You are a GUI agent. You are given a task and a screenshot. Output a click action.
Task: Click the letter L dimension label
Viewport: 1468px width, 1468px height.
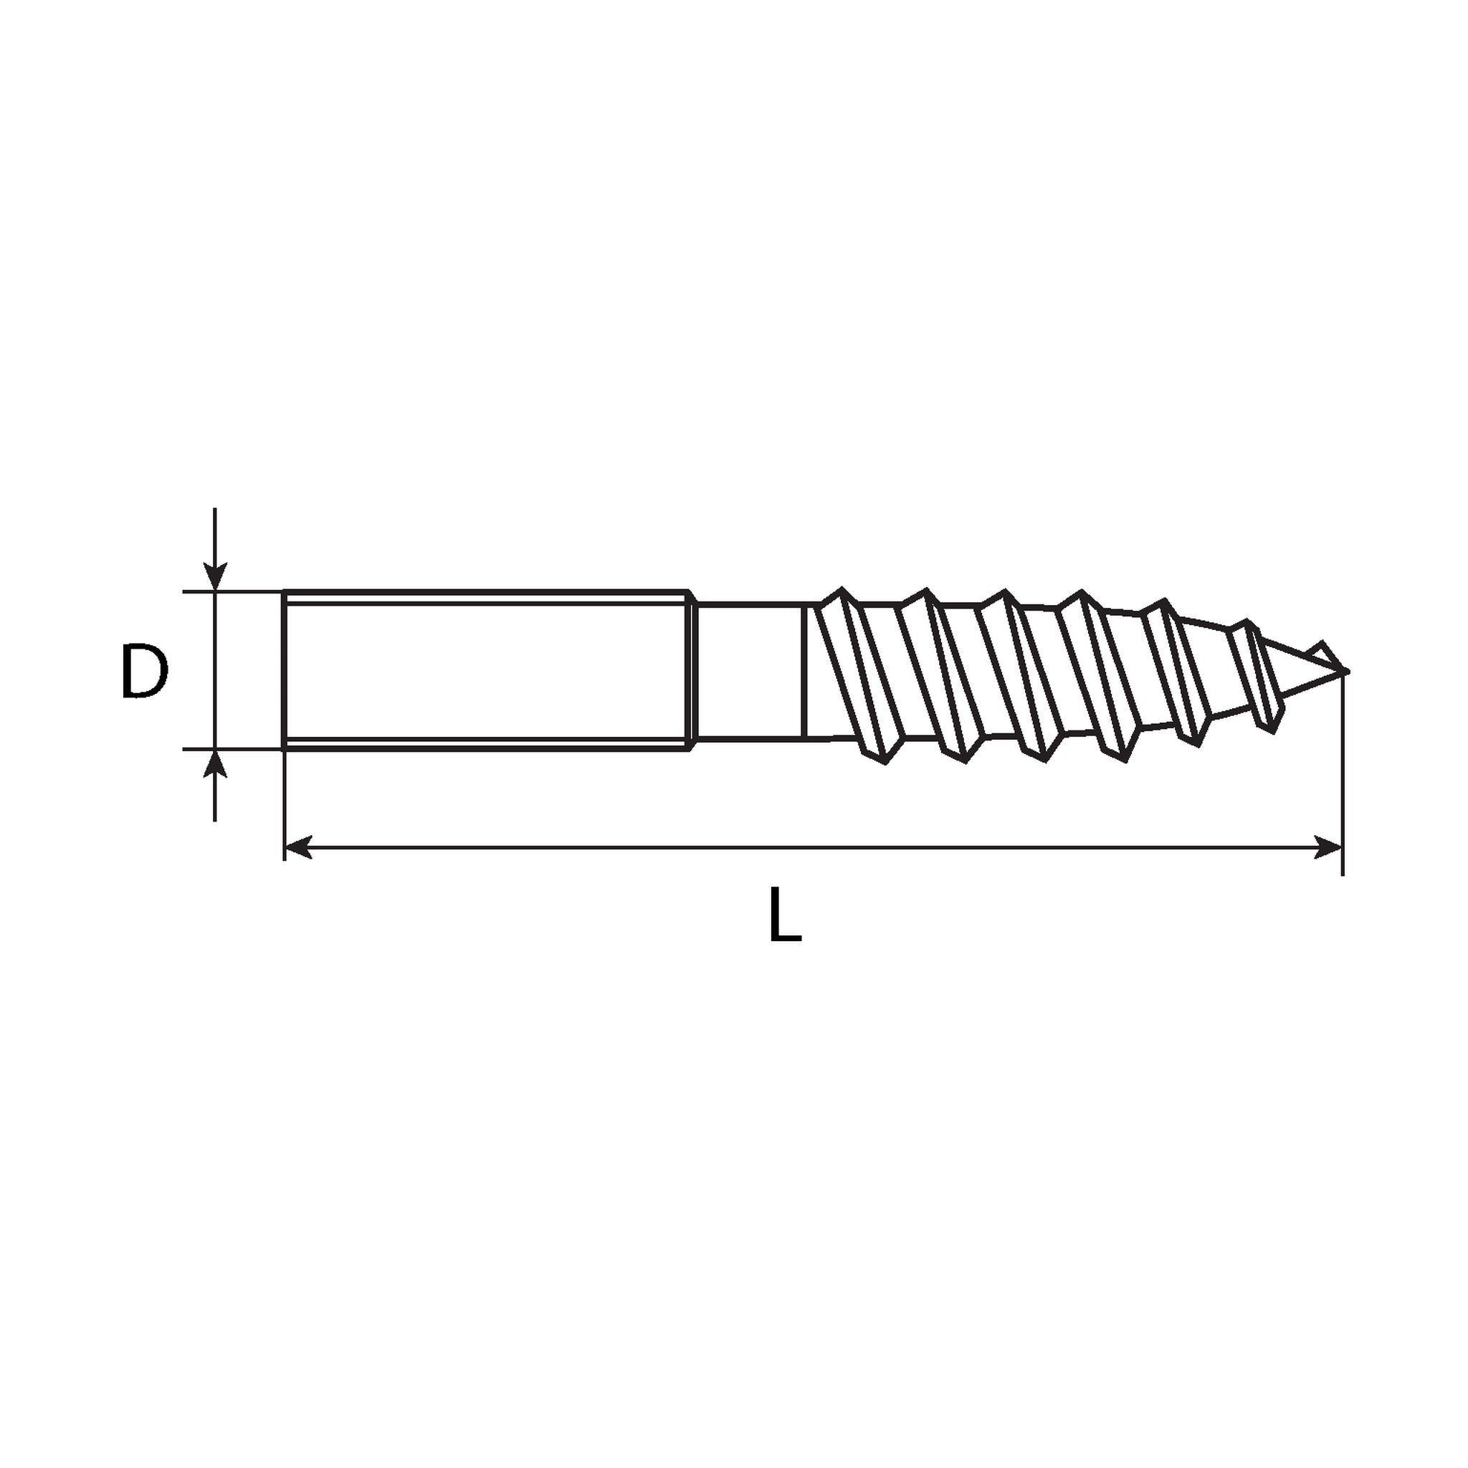pos(785,915)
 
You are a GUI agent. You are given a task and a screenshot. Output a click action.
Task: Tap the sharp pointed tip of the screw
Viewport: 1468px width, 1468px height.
pos(1347,671)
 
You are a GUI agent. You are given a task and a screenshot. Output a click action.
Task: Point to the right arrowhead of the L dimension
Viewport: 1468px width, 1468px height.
pos(1329,847)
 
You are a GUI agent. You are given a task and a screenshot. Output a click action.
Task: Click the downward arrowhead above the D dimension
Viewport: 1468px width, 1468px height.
pos(216,575)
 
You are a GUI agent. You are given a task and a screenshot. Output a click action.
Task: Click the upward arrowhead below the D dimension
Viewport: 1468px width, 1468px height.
pos(216,764)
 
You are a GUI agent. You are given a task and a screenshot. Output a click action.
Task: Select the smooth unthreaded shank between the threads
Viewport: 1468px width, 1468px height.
pos(749,670)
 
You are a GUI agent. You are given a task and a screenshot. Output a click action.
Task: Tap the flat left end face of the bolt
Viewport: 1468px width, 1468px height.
pos(284,670)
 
